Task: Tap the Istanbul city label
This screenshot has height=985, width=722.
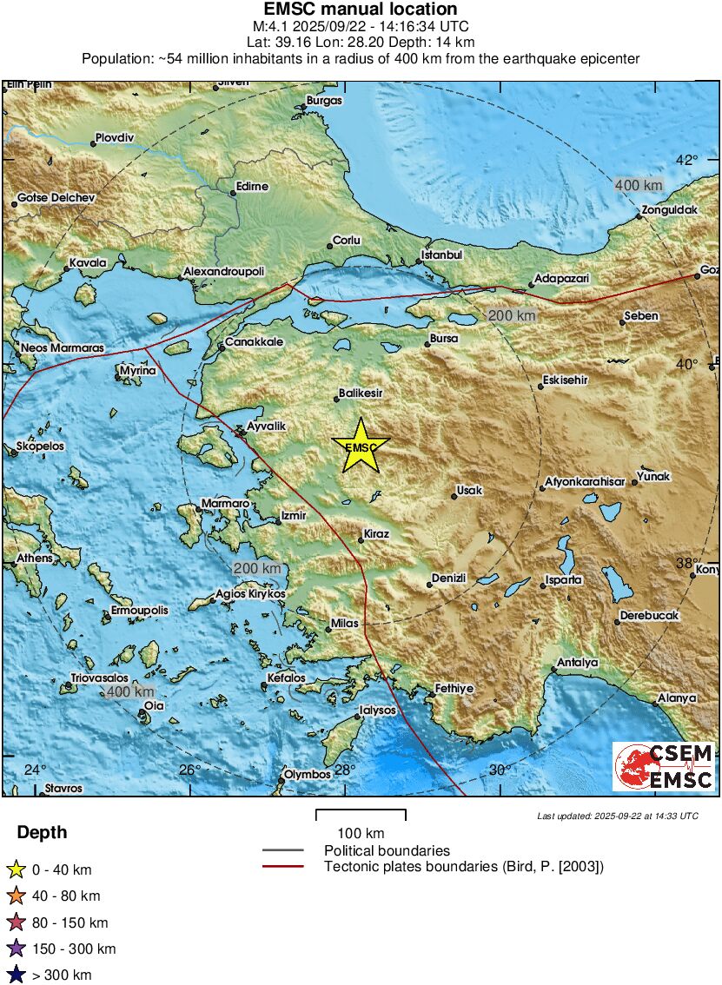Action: click(x=442, y=255)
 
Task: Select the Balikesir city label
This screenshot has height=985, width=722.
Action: click(x=361, y=393)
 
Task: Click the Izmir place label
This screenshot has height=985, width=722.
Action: click(x=292, y=516)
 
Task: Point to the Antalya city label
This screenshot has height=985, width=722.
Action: click(x=578, y=663)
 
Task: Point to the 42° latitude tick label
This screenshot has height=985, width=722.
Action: click(x=687, y=161)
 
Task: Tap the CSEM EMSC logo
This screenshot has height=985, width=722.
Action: click(x=665, y=766)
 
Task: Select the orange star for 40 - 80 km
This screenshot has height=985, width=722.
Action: click(x=17, y=896)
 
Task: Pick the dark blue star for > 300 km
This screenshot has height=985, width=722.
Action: click(x=17, y=975)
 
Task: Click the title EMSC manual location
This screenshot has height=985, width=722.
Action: click(x=361, y=10)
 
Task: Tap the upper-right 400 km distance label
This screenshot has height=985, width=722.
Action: click(x=638, y=185)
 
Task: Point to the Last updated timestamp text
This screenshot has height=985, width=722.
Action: click(x=617, y=816)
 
